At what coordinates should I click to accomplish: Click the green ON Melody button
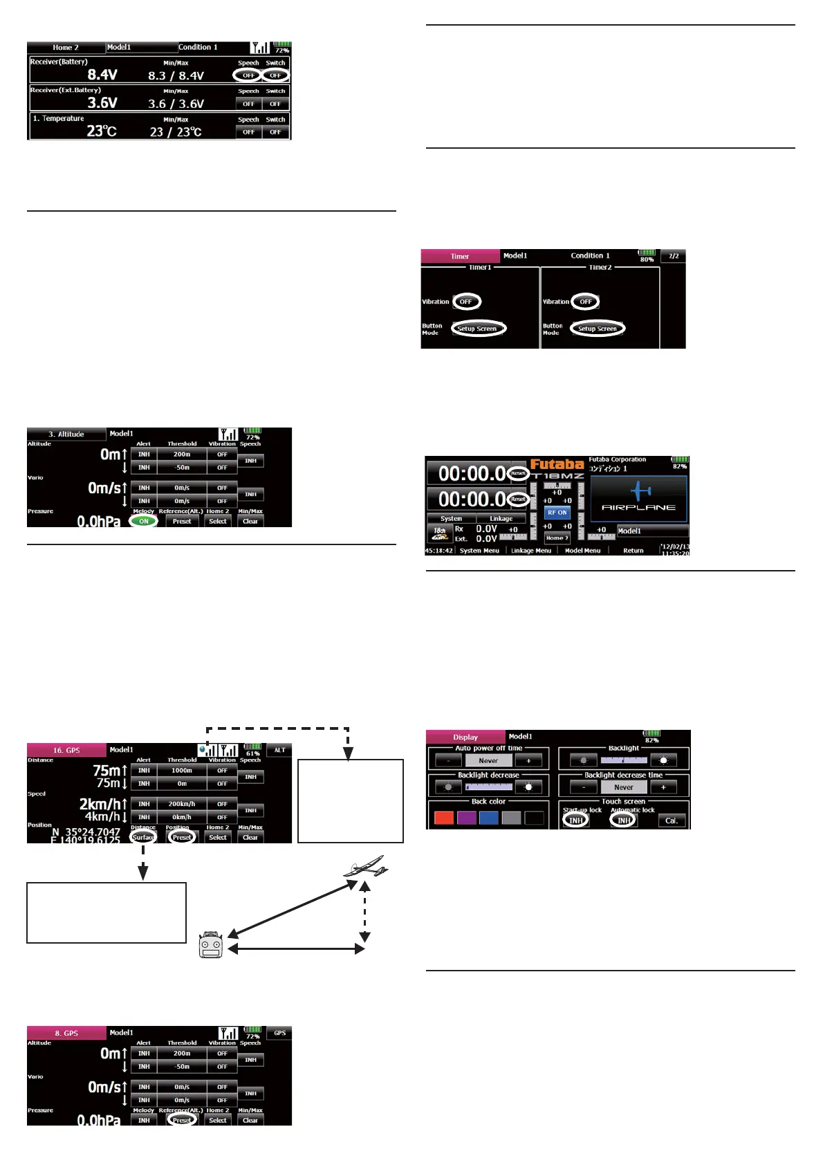coord(143,521)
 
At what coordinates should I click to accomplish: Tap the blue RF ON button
coord(557,513)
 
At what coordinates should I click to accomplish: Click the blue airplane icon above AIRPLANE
coord(640,490)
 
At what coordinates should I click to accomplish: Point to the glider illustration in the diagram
coord(365,867)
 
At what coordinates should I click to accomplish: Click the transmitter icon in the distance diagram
coord(211,945)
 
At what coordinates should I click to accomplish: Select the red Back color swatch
coord(443,818)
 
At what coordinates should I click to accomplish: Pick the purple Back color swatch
coord(466,818)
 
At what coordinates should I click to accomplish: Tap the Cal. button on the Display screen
coord(671,820)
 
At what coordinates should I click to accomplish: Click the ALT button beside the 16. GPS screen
coord(279,750)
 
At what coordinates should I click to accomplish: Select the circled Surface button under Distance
coord(143,837)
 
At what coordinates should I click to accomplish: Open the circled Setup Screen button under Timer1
coord(477,329)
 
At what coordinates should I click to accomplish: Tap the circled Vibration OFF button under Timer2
coord(585,302)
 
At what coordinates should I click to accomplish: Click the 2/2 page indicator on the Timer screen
coord(673,256)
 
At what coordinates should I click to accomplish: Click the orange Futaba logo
coord(557,464)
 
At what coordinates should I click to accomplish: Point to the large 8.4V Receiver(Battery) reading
coord(102,75)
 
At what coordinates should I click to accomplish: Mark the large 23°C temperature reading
coord(101,131)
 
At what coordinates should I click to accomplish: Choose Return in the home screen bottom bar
coord(633,551)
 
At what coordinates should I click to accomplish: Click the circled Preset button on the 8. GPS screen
coord(182,1120)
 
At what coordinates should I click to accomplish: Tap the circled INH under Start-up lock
coord(575,820)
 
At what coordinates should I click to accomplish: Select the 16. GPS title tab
coord(66,750)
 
